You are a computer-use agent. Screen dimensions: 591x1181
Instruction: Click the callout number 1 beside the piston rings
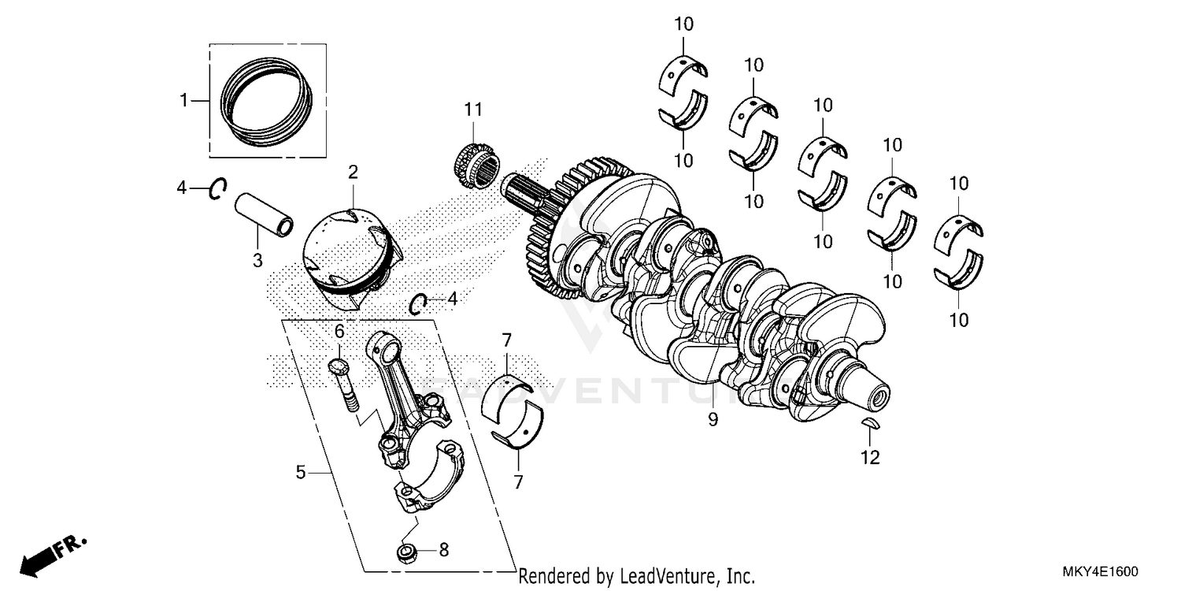coord(183,100)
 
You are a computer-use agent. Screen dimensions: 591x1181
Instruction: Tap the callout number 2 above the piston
coord(353,171)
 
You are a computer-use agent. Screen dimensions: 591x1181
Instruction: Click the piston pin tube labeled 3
coord(264,214)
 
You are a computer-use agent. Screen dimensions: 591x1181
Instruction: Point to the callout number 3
coord(257,261)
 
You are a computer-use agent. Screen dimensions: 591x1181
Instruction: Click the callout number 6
coord(339,330)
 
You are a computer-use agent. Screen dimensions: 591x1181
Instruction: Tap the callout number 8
coord(443,550)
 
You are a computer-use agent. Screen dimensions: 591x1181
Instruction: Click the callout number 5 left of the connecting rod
coord(300,472)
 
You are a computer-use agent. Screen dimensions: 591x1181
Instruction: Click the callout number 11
coord(472,110)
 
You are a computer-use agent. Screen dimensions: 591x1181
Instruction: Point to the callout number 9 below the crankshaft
coord(713,420)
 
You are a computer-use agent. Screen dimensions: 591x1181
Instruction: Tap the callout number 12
coord(870,457)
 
